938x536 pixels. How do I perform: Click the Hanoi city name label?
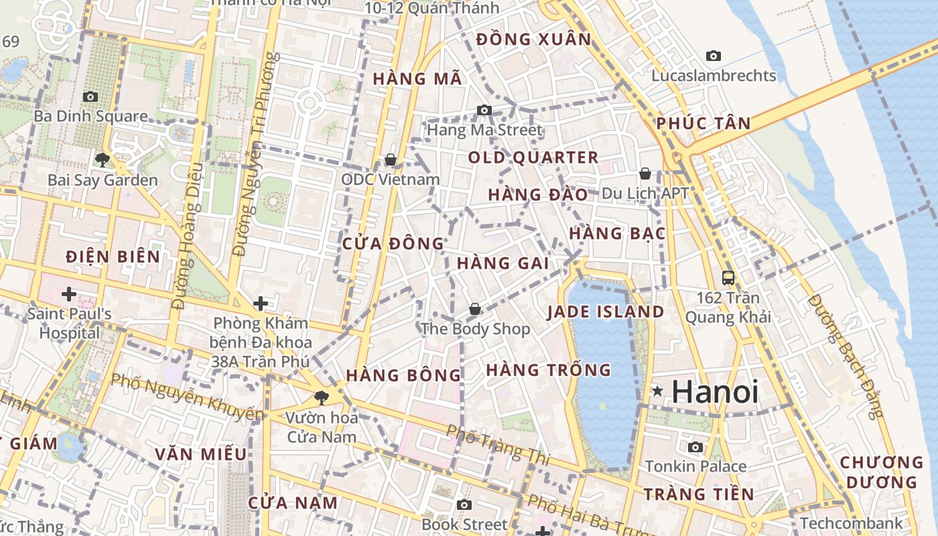[715, 392]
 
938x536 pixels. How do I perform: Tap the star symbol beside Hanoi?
[657, 391]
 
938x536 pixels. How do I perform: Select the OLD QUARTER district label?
[533, 158]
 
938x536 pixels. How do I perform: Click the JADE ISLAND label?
[606, 312]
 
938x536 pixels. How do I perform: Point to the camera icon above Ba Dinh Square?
[90, 97]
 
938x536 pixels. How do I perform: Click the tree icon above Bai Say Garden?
[103, 159]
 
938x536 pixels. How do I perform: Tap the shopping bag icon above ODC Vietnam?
[391, 159]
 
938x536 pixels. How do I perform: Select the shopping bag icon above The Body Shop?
[475, 309]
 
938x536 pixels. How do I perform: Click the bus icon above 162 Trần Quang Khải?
[728, 277]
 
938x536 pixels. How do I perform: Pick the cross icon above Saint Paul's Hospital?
[68, 293]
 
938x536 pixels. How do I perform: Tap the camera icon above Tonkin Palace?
[695, 447]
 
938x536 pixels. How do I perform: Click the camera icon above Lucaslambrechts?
[714, 56]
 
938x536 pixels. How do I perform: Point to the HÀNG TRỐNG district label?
[549, 370]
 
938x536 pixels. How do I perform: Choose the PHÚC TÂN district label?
[703, 123]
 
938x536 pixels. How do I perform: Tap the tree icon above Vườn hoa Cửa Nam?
[322, 397]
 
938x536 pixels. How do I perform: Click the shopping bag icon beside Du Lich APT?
[645, 174]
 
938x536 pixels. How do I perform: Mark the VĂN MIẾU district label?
[201, 454]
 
